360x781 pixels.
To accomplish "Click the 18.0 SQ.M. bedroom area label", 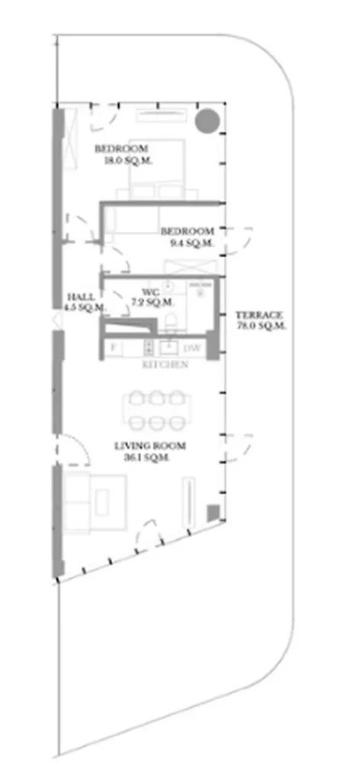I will [x=121, y=161].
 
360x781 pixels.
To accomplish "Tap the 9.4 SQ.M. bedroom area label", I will [x=187, y=243].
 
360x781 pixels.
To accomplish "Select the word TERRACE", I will [x=259, y=315].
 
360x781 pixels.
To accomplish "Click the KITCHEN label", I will [x=166, y=365].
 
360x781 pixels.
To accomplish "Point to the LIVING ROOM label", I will [x=150, y=446].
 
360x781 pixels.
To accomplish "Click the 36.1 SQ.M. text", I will [x=146, y=458].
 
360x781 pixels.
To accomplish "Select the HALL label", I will [x=81, y=297].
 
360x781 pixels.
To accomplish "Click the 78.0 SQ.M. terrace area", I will [x=261, y=326].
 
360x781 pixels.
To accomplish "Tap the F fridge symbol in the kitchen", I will [x=114, y=349].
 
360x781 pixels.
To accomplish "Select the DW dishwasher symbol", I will [x=193, y=349].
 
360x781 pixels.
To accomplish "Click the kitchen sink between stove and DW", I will [x=169, y=349].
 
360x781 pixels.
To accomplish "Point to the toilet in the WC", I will [x=172, y=320].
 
